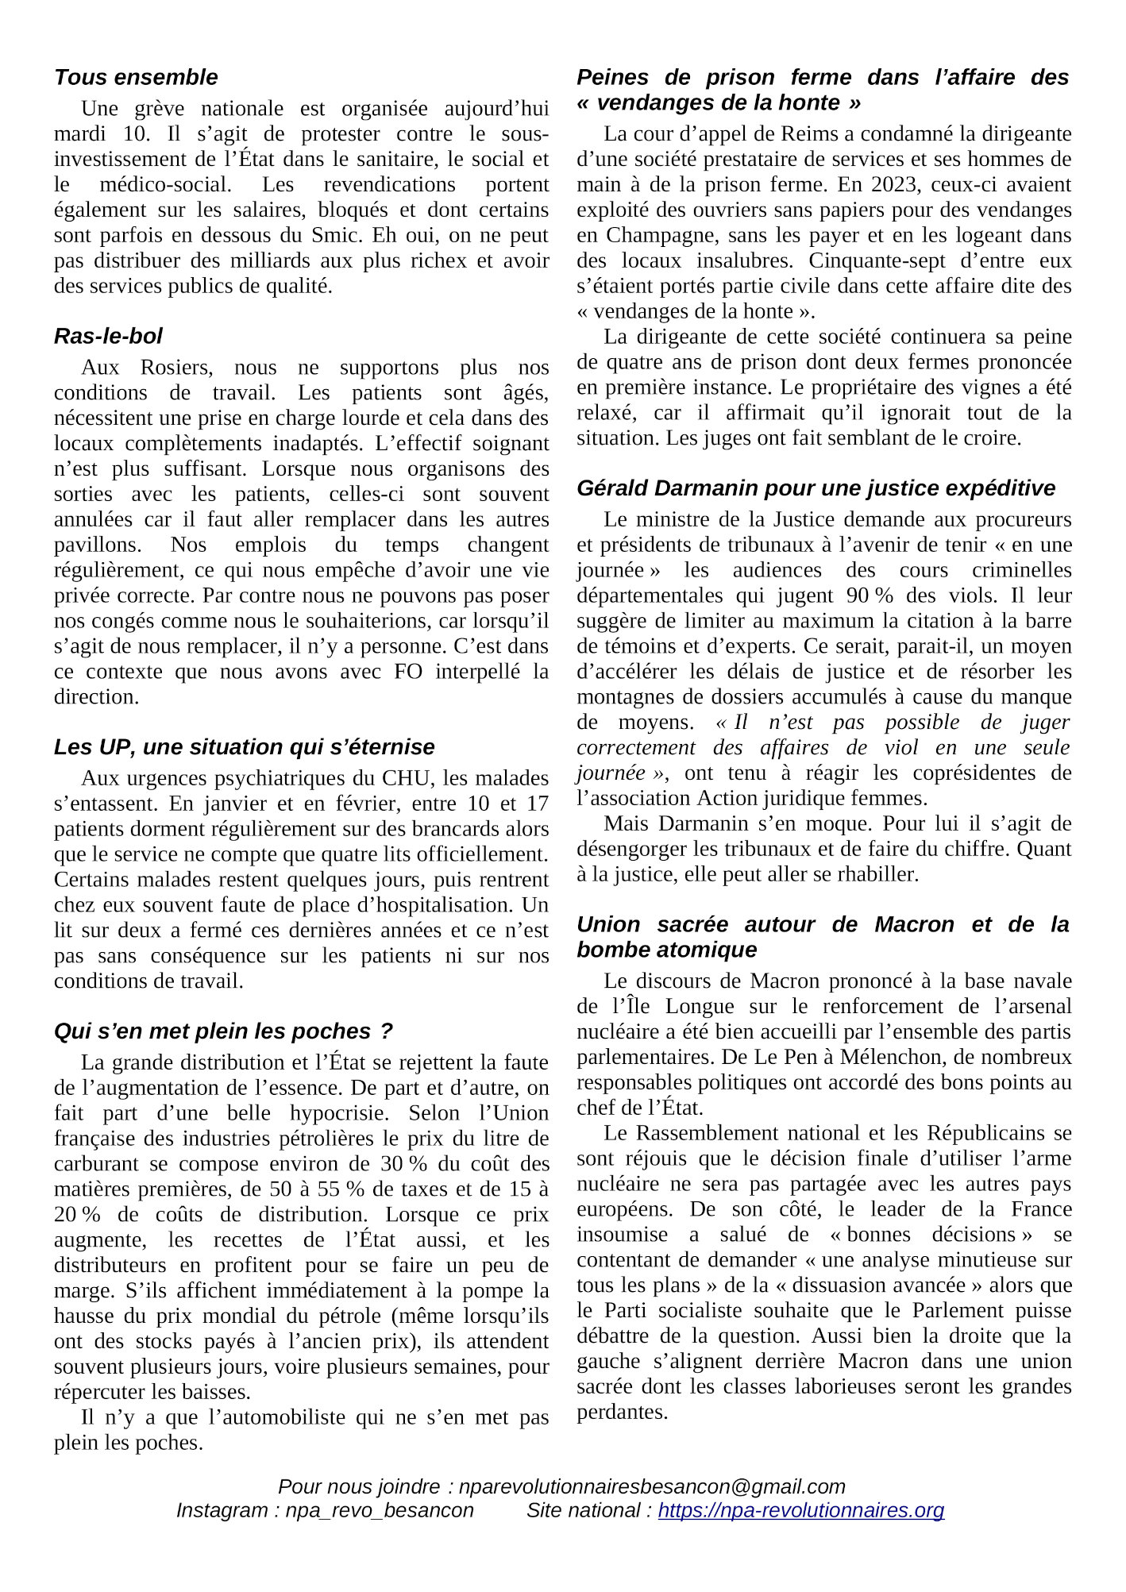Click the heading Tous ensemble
pyautogui.click(x=136, y=77)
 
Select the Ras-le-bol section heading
pyautogui.click(x=108, y=336)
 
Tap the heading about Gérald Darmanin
pyautogui.click(x=816, y=488)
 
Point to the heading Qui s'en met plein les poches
pyautogui.click(x=223, y=1031)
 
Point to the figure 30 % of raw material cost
pyautogui.click(x=403, y=1164)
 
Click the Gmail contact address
pyautogui.click(x=652, y=1486)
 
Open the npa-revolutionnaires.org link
pyautogui.click(x=800, y=1510)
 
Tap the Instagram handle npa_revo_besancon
pyautogui.click(x=379, y=1510)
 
